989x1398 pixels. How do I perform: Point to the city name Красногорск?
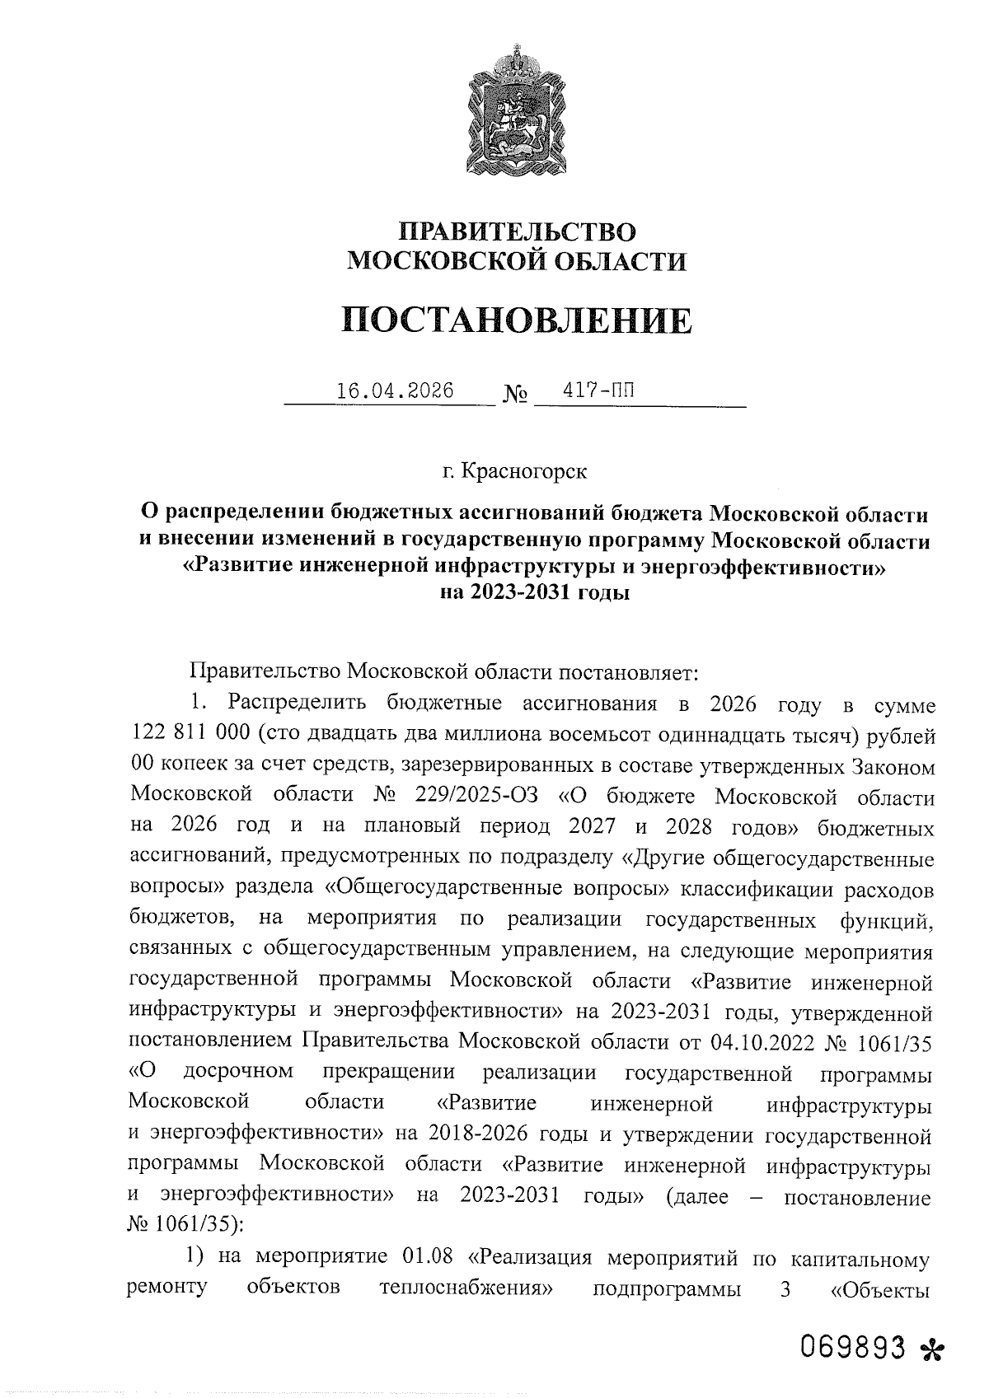pos(525,472)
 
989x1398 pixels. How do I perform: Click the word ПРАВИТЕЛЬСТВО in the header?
pos(517,231)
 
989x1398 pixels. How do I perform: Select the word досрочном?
pos(238,1074)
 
